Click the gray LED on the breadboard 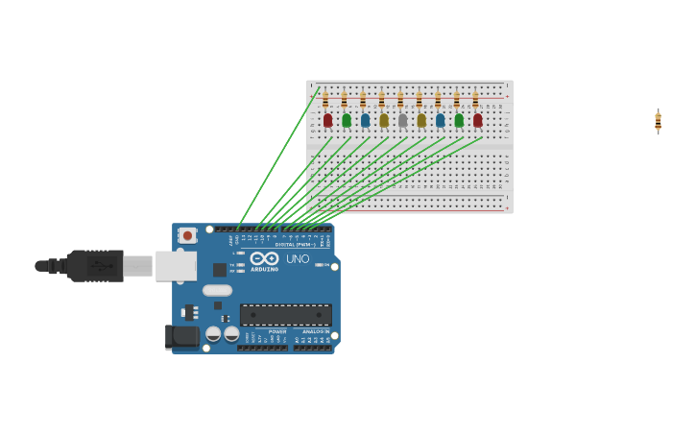[x=402, y=120]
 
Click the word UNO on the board [x=298, y=258]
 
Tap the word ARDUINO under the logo [x=265, y=269]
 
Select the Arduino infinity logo [x=264, y=258]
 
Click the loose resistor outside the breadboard [x=658, y=121]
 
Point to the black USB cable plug [x=94, y=265]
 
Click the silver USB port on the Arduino [x=175, y=266]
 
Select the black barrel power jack [x=181, y=336]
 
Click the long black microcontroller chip [x=285, y=315]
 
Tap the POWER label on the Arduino [x=277, y=331]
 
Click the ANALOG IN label [x=316, y=331]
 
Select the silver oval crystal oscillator [x=217, y=290]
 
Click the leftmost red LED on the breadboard [x=327, y=120]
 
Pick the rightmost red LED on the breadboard [x=477, y=120]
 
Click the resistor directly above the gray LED [x=400, y=100]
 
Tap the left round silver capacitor [x=213, y=333]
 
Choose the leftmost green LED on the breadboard [x=347, y=120]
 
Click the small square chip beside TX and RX [x=220, y=270]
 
